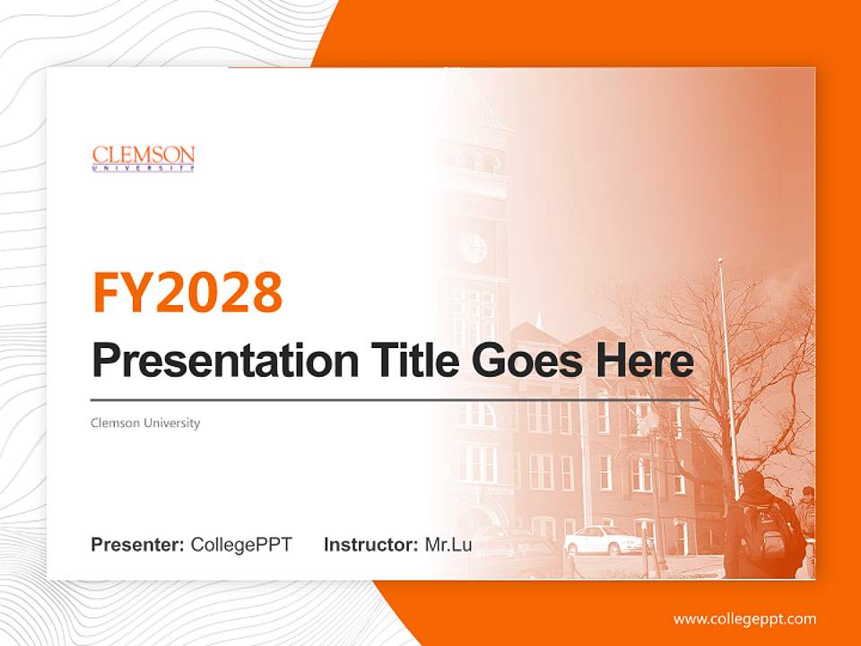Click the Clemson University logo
coord(143,158)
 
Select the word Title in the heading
coord(408,361)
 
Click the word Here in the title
coord(644,361)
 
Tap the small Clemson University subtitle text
coord(145,423)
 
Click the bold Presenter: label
coord(138,544)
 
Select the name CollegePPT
coord(241,544)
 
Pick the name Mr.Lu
coord(448,544)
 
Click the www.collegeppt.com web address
coord(744,618)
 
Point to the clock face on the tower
coord(473,248)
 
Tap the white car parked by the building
coord(607,540)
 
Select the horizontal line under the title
coord(395,399)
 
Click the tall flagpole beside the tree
coord(728,377)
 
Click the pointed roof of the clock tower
coord(473,99)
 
